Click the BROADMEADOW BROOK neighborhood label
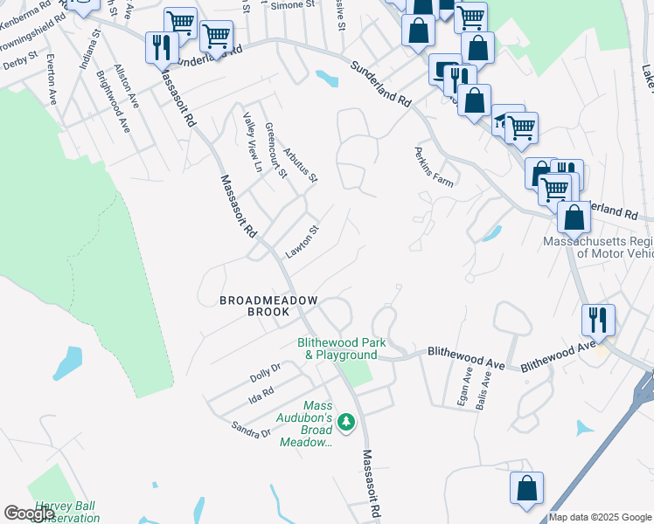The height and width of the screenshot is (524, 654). [x=268, y=305]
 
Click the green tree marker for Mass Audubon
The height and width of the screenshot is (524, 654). [x=347, y=423]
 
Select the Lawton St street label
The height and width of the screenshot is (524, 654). [x=303, y=242]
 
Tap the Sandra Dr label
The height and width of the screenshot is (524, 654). [x=251, y=427]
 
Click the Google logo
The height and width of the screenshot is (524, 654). [x=30, y=514]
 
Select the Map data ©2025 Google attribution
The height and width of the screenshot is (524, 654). [x=600, y=517]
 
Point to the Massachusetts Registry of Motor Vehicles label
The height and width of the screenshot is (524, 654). [x=598, y=247]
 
